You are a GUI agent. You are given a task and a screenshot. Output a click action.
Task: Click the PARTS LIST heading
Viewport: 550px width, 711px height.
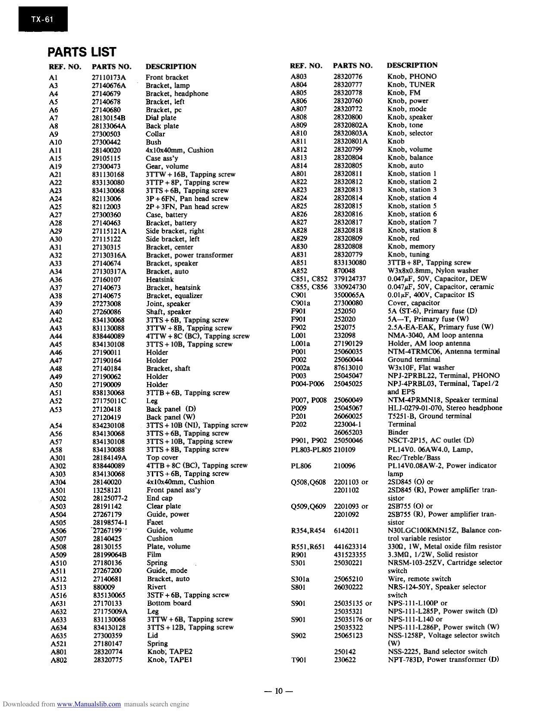(x=82, y=52)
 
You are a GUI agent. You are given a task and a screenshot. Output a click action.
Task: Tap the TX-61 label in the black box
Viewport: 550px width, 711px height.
(x=42, y=19)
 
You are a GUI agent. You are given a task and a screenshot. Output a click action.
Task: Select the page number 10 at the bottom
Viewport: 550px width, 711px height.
(x=278, y=691)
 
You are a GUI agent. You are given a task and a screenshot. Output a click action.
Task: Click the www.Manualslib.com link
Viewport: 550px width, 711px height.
(x=89, y=704)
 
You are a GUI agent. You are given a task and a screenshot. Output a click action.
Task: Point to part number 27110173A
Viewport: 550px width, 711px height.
(x=109, y=78)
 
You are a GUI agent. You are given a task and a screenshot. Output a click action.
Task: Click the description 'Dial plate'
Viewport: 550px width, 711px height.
(x=161, y=118)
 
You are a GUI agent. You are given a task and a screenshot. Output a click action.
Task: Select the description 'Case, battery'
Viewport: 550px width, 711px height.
(x=167, y=215)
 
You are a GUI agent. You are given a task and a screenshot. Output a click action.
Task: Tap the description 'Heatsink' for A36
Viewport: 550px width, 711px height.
(x=160, y=279)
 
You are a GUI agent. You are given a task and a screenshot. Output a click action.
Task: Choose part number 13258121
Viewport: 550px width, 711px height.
(x=107, y=490)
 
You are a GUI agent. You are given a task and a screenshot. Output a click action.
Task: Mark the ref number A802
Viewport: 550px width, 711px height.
(x=59, y=660)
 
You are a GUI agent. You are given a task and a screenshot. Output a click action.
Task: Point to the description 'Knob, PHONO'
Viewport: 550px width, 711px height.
(x=412, y=76)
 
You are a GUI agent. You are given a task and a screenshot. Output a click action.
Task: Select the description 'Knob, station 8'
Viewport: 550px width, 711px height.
(x=412, y=230)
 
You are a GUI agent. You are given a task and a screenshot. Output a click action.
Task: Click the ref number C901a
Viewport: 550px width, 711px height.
(x=301, y=303)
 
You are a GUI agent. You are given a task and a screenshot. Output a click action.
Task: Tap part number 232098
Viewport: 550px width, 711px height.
(x=345, y=335)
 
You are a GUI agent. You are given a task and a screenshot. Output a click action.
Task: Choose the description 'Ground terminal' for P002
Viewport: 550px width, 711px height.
(x=414, y=360)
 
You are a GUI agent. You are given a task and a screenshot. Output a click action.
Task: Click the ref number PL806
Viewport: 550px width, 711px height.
(x=301, y=466)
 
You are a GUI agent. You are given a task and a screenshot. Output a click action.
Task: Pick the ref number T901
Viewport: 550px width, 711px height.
(x=299, y=660)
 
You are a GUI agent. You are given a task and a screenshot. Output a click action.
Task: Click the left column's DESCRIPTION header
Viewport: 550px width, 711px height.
(x=171, y=66)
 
